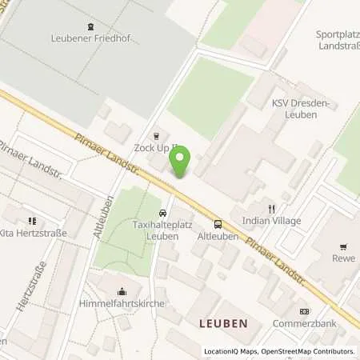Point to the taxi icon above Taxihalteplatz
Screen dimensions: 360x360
(163, 214)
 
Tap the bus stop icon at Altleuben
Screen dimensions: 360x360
(218, 225)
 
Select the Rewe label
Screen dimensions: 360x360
(343, 258)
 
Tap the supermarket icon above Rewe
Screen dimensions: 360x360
(343, 246)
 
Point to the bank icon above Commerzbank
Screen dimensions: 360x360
(302, 311)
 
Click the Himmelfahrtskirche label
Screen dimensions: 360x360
(122, 305)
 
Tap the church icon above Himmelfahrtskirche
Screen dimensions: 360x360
(122, 292)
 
